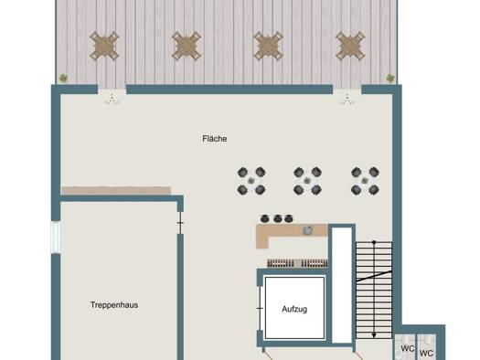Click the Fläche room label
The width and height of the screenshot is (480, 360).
pos(215,139)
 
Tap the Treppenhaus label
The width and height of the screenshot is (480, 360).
pos(114,305)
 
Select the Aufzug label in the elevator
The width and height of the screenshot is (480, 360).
pos(294,309)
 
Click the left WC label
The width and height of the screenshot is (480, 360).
pos(408,348)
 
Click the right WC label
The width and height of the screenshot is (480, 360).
pos(426,354)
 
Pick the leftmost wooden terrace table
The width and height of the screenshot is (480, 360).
pos(104,47)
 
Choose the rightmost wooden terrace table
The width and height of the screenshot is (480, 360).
pos(350,47)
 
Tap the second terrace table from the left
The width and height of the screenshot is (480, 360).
pos(187,47)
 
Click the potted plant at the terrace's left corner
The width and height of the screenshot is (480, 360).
pos(63,78)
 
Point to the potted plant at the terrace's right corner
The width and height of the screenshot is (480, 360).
pos(390,78)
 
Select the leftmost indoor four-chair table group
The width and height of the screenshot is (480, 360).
pos(251,181)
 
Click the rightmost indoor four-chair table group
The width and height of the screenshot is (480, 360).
pos(365,181)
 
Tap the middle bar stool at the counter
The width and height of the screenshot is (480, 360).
pos(278,218)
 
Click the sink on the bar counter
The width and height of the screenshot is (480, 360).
pos(307,230)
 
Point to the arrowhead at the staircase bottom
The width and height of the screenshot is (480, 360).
pos(374,335)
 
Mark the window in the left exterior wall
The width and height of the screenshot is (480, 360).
pos(56,238)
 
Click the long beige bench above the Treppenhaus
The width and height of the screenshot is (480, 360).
pos(116,191)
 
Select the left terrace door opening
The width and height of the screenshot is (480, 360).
pos(112,90)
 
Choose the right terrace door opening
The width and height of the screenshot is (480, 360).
pos(347,90)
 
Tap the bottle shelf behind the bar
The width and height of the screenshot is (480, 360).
pos(297,263)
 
